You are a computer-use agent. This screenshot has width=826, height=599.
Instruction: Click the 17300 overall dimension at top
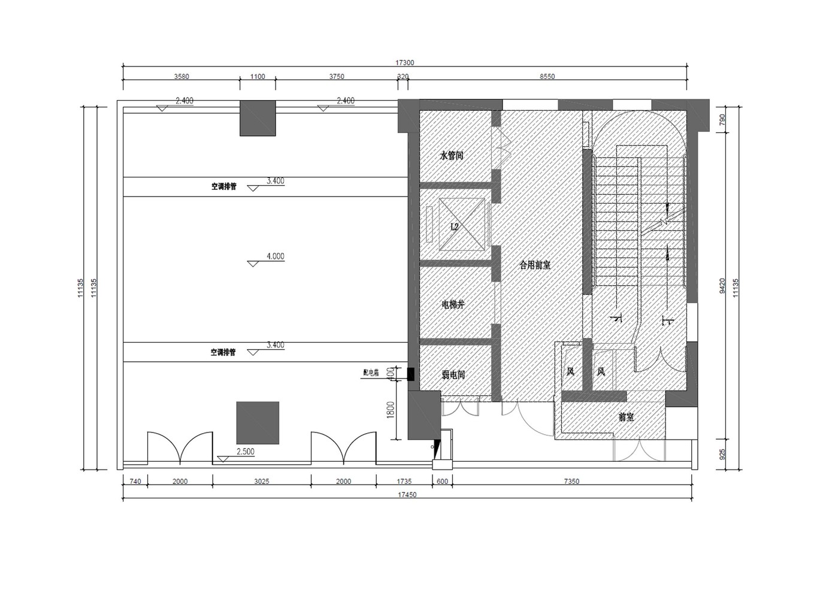pos(405,62)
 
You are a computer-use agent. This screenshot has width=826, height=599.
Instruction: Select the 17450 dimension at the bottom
pos(407,495)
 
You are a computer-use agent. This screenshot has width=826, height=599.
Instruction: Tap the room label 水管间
pos(452,156)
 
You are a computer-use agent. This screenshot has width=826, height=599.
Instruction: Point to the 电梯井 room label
pos(453,304)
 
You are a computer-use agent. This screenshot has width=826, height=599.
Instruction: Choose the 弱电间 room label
pos(453,375)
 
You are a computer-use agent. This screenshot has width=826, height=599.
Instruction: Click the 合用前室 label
pos(535,265)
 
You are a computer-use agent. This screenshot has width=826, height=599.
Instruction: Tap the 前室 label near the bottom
pos(626,417)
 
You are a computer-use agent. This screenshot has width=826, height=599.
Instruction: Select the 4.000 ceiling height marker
pos(275,256)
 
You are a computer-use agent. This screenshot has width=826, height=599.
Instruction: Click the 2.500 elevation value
pos(246,452)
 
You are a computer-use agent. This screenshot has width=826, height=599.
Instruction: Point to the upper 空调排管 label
pos(223,187)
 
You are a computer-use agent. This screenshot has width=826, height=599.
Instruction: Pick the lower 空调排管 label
pos(223,352)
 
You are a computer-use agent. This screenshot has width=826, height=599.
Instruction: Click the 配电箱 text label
pos(371,373)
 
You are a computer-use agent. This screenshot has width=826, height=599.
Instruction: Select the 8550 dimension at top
pos(547,77)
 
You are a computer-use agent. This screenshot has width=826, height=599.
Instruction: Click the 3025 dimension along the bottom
pos(261,482)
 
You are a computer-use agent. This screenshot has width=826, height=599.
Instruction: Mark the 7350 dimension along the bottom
pos(571,482)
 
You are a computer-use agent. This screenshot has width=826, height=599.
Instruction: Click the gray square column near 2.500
pos(258,423)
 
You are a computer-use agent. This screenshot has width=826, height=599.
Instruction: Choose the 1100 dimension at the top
pos(258,77)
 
